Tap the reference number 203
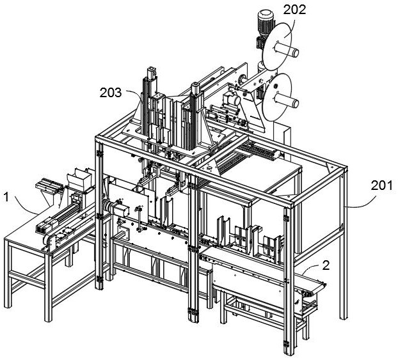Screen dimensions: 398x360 tap(113, 92)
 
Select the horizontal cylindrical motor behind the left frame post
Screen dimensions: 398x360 tap(115, 208)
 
